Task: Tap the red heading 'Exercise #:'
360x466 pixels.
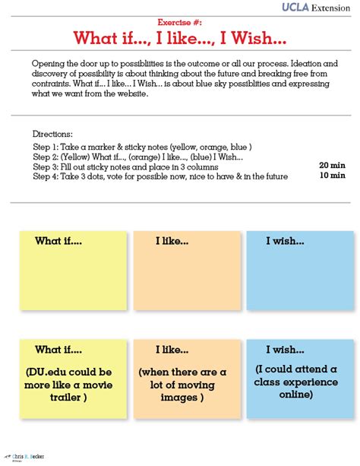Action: tap(180, 24)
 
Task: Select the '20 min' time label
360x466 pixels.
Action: tap(333, 164)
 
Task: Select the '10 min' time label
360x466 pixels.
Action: tap(333, 175)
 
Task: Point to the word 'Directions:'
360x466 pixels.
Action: tap(52, 133)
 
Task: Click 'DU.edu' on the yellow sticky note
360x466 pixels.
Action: tap(52, 372)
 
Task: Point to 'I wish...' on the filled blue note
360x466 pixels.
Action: tap(285, 350)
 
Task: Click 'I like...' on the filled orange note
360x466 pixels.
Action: tap(172, 350)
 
